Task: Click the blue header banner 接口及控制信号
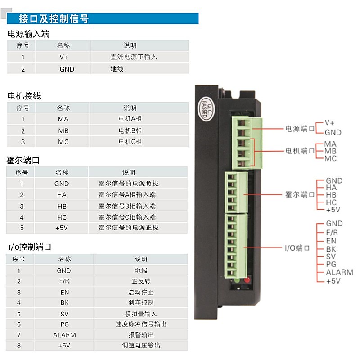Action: pyautogui.click(x=103, y=18)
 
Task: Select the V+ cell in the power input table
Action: pyautogui.click(x=63, y=57)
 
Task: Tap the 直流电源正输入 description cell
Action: pyautogui.click(x=139, y=57)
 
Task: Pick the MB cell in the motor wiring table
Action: pyautogui.click(x=63, y=130)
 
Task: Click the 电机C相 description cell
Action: pyautogui.click(x=139, y=142)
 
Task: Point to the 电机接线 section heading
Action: pyautogui.click(x=24, y=96)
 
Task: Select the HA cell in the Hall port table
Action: pyautogui.click(x=61, y=195)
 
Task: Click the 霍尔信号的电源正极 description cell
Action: pyautogui.click(x=138, y=228)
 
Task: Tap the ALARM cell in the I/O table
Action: pyautogui.click(x=64, y=335)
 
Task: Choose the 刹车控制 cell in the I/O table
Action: pyautogui.click(x=141, y=302)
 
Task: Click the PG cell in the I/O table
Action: pyautogui.click(x=64, y=324)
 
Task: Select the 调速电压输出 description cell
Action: pyautogui.click(x=141, y=345)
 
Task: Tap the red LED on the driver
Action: pyautogui.click(x=247, y=280)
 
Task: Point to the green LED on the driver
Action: pyautogui.click(x=237, y=280)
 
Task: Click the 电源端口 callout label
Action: pyautogui.click(x=300, y=129)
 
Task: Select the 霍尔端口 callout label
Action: pyautogui.click(x=300, y=195)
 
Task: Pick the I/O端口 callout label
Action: pyautogui.click(x=297, y=248)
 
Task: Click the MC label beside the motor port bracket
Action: pyautogui.click(x=330, y=158)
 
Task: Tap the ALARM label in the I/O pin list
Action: pyautogui.click(x=340, y=272)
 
